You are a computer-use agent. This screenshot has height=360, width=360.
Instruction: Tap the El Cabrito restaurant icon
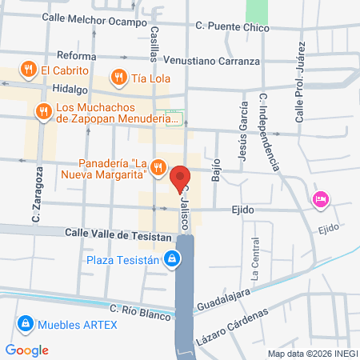pos(29,69)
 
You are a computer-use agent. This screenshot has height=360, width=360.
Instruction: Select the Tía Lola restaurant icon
pos(118,78)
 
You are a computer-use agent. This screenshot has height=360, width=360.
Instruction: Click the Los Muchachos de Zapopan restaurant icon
pos(42,110)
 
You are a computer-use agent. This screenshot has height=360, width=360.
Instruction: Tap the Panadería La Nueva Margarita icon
pos(158,167)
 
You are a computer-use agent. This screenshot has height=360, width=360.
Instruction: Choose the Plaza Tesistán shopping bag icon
pos(171,259)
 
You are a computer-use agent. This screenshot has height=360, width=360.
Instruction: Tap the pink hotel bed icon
pos(321,200)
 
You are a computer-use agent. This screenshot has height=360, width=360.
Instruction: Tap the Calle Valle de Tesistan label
pos(118,237)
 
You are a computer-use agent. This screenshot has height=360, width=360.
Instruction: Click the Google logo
pos(27,350)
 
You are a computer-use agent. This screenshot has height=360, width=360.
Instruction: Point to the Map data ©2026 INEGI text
pos(312,354)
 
